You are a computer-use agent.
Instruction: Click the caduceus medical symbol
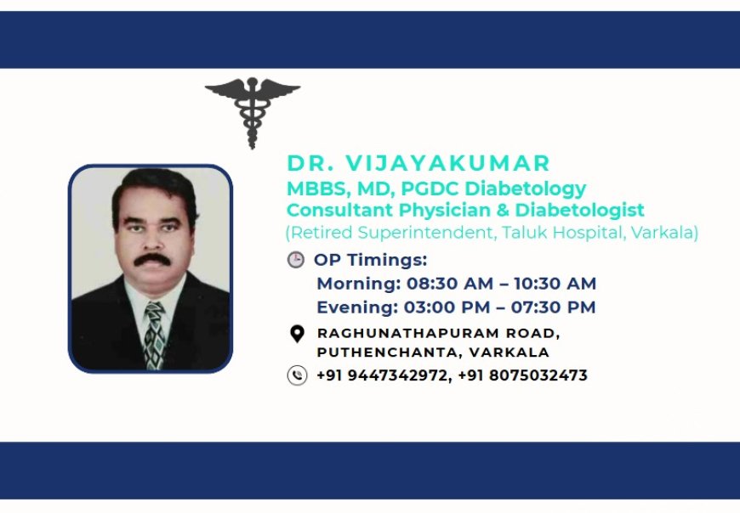[253, 110]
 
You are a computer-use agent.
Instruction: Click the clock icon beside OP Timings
[296, 260]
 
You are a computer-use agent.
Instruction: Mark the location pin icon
[297, 334]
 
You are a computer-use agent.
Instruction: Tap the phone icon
[297, 375]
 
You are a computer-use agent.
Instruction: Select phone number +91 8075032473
[522, 375]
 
